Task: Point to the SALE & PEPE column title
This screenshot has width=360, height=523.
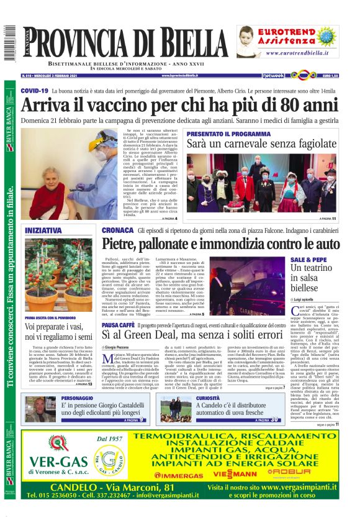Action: click(308, 258)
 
